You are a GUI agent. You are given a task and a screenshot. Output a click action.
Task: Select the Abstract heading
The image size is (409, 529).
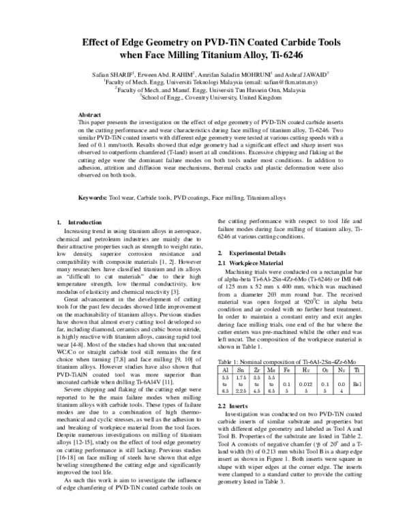pos(91,115)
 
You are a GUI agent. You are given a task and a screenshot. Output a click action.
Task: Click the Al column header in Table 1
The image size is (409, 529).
pos(225,368)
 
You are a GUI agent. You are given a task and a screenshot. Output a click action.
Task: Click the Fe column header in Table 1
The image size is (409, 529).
pos(288,368)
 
